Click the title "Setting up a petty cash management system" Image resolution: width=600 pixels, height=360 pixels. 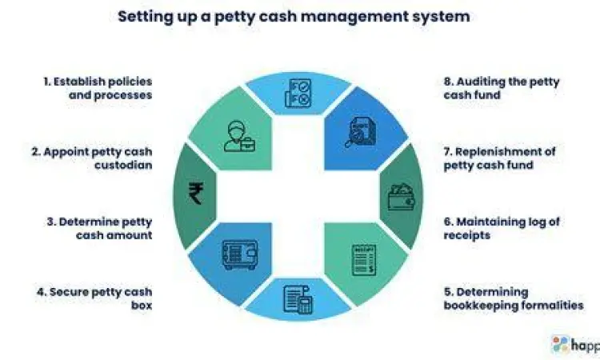(x=294, y=16)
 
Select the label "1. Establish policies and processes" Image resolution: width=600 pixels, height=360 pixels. (x=98, y=88)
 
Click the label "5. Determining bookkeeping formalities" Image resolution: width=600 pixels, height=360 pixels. (x=513, y=298)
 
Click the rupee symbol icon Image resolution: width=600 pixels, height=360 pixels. (x=195, y=193)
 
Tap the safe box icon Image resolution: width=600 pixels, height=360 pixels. (x=239, y=255)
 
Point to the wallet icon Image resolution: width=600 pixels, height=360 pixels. (x=400, y=196)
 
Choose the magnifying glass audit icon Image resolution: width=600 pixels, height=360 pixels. (x=358, y=130)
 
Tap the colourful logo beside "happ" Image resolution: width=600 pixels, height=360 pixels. (x=560, y=345)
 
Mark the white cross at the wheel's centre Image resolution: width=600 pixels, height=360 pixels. (x=298, y=196)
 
